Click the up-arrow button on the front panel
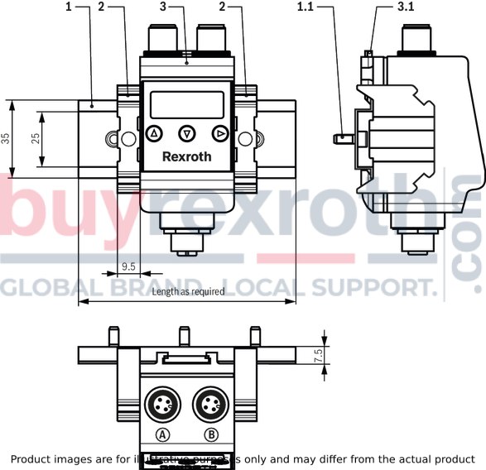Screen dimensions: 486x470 [x=154, y=134]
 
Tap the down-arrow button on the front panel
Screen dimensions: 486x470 [x=187, y=134]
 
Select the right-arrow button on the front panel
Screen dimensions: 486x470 [x=220, y=134]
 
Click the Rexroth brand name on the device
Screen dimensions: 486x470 [x=187, y=156]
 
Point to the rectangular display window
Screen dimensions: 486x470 [x=187, y=105]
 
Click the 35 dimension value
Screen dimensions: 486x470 [x=6, y=138]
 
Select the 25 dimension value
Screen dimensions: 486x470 [x=36, y=138]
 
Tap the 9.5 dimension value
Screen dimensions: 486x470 [x=128, y=266]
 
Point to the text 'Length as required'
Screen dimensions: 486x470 [x=188, y=291]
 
